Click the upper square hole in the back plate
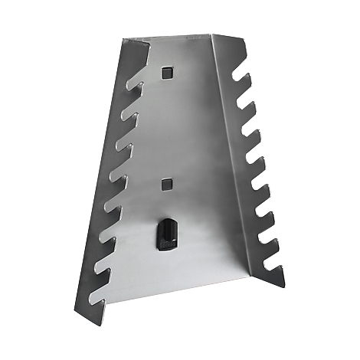coord(168,71)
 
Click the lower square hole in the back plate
coord(167,184)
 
